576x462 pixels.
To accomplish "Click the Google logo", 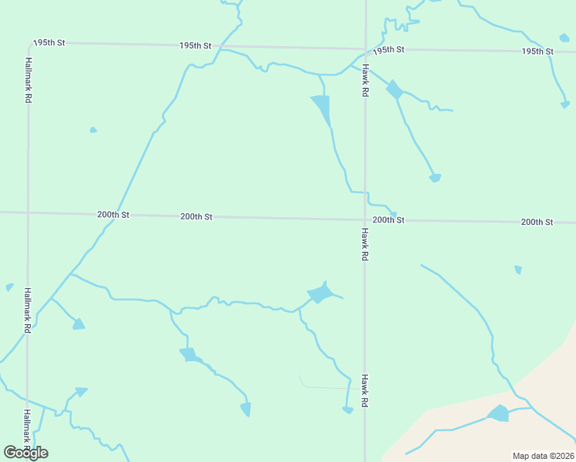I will pos(25,453).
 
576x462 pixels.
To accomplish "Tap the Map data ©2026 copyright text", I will pos(542,456).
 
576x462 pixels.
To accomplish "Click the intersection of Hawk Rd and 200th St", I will pos(365,219).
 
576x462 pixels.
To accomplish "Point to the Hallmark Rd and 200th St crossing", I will pos(28,212).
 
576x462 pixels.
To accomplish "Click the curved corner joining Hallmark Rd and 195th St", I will pos(30,46).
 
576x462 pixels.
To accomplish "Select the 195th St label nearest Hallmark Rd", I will pos(49,43).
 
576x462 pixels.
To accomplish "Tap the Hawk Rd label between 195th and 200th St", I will pos(365,80).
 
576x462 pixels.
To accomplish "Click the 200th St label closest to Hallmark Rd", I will pos(113,215).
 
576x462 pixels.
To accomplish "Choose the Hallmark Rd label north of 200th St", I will pos(28,80).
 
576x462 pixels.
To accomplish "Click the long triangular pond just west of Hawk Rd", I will pos(322,107).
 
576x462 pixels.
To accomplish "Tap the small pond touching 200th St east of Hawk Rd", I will pos(393,215).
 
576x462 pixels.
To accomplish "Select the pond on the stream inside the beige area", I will pos(499,414).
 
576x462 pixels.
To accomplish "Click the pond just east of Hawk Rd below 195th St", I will pos(394,89).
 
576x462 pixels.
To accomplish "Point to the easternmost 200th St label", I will pos(537,222).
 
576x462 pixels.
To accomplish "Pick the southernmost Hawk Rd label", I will pos(365,391).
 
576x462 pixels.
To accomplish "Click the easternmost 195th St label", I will pos(537,52).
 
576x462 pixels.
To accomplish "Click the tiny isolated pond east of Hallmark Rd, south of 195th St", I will pos(93,130).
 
